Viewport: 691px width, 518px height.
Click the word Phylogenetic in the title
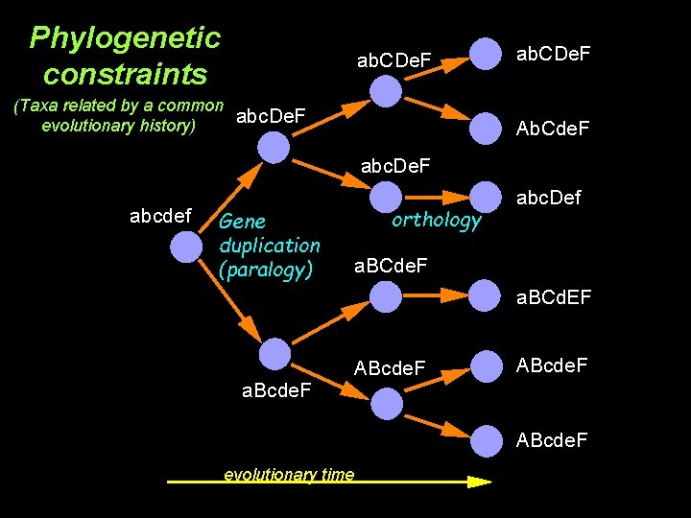pos(125,38)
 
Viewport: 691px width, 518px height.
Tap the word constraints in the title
pos(125,73)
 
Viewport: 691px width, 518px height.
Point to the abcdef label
pos(160,216)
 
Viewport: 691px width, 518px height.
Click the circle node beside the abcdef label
pos(186,248)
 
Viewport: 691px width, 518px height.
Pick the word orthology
pos(436,221)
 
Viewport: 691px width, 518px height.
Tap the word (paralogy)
pos(266,271)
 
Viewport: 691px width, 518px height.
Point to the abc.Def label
pos(548,200)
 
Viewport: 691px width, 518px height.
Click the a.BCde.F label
pos(391,265)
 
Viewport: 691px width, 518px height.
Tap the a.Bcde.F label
pos(277,389)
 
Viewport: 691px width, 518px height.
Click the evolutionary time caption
pos(288,475)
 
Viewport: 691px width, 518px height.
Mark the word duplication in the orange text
pos(270,246)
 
